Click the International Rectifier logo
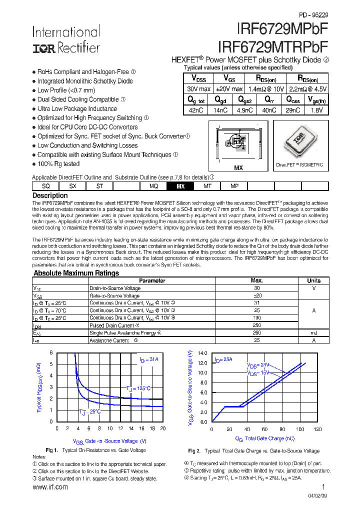pos(66,39)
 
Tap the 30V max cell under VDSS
pos(198,88)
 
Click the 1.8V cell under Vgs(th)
pos(316,110)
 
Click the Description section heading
pos(50,195)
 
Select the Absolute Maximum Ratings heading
pos(76,273)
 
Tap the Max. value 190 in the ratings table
pos(256,318)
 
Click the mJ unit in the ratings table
pos(314,333)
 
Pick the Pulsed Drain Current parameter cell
pos(111,325)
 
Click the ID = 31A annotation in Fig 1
pos(148,359)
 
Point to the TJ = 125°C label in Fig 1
pos(137,388)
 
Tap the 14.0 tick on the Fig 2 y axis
pos(202,353)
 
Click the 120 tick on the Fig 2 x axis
pos(317,429)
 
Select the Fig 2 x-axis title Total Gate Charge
pos(264,439)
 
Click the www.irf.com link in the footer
pos(50,487)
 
